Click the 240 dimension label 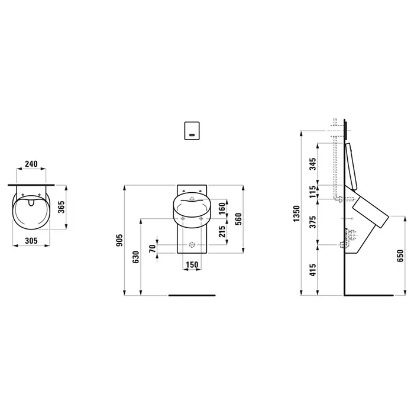click(31, 164)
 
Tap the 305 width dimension click(31, 241)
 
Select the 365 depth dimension click(61, 207)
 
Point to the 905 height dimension click(119, 240)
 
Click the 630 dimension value click(135, 257)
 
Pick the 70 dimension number click(153, 248)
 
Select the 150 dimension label click(192, 264)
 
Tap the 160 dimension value click(222, 208)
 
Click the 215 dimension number click(222, 231)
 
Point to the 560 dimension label click(238, 219)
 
